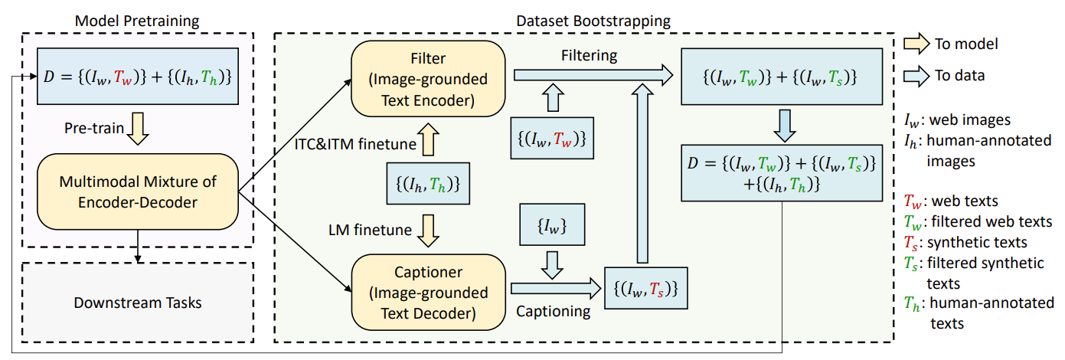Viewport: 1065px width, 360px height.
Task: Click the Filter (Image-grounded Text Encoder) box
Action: pos(429,79)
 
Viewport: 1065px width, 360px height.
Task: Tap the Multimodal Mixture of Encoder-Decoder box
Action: pos(138,191)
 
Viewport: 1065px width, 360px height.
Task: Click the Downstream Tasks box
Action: pos(138,303)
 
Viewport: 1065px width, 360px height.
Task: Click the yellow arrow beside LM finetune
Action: pos(429,228)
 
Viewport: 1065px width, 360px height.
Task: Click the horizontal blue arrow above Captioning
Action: pos(556,289)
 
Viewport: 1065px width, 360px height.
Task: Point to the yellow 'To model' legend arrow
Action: pos(916,44)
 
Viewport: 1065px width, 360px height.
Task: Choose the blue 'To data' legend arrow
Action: pos(916,75)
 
